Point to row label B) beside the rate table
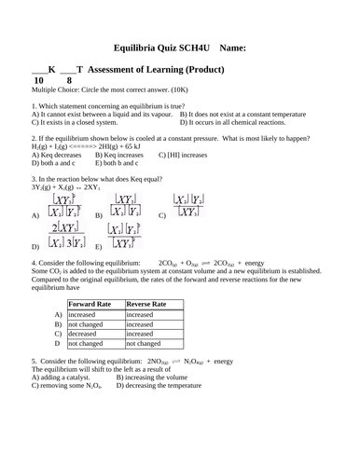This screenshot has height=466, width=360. (59, 322)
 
